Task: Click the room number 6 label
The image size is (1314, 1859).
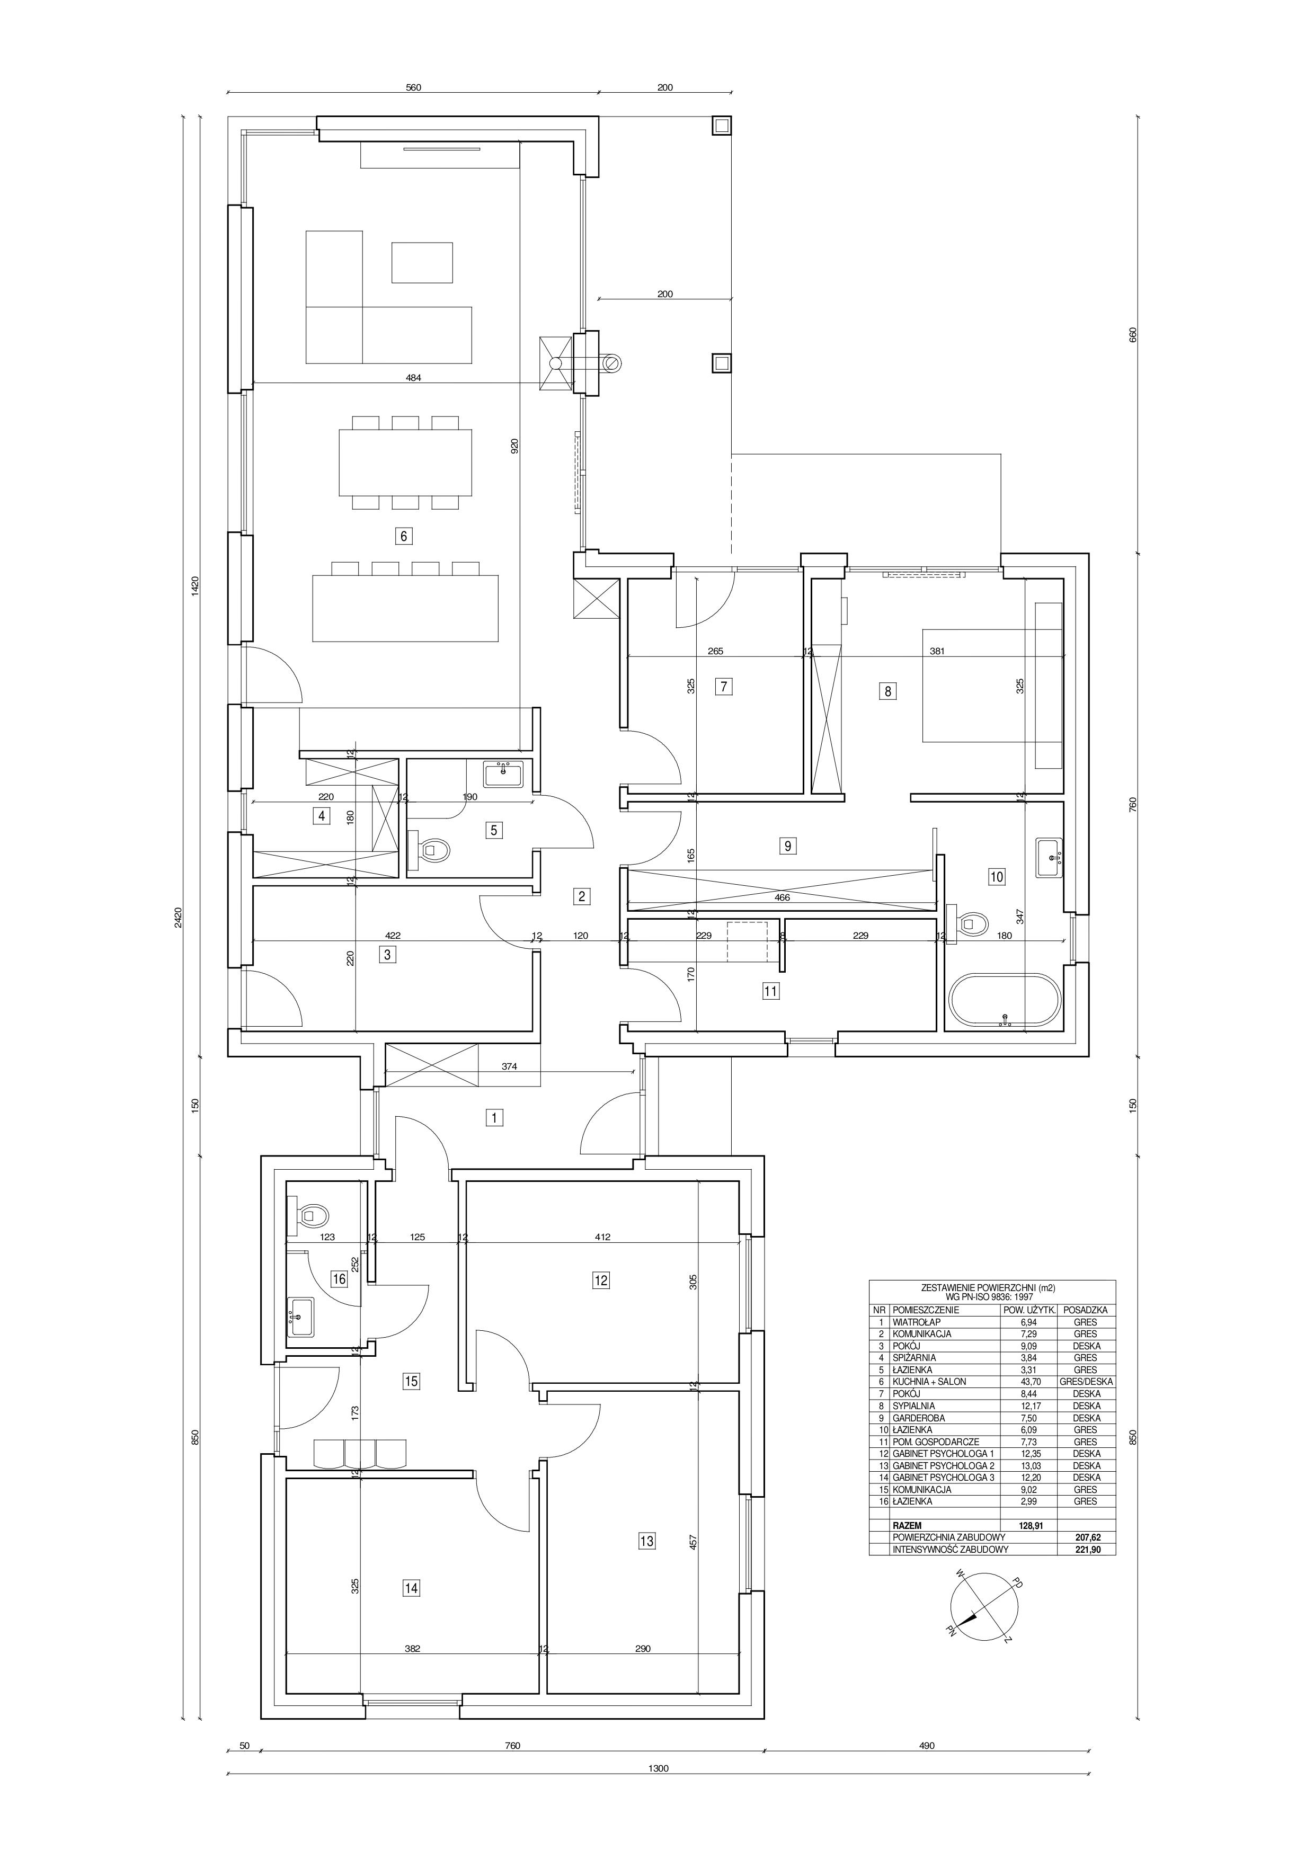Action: tap(403, 535)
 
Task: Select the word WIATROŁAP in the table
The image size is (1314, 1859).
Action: tap(918, 1322)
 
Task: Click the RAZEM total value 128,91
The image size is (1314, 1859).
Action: tap(1028, 1525)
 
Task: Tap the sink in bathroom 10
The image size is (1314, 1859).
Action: tap(1049, 858)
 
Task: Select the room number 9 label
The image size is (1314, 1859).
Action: tap(787, 846)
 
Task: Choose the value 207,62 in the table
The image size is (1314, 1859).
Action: tap(1085, 1537)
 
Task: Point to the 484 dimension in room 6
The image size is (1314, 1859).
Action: tap(414, 377)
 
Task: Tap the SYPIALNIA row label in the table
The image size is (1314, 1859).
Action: tap(914, 1406)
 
